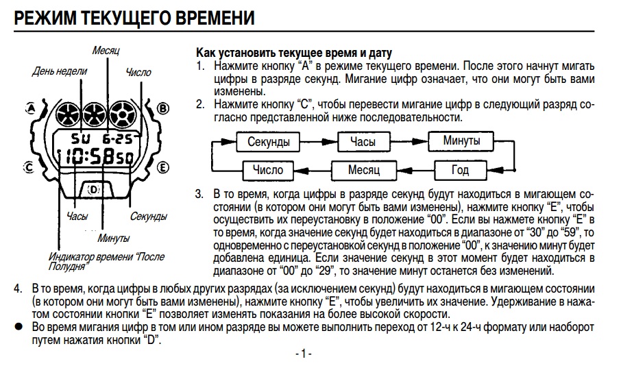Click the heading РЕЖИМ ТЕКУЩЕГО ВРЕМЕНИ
(134, 19)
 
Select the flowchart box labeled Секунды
(269, 143)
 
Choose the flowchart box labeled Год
(460, 170)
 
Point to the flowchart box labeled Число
(267, 170)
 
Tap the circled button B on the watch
(162, 108)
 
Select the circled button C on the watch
(28, 166)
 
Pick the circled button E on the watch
(163, 166)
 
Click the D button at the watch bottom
(93, 189)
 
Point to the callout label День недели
(60, 71)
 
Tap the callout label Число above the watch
(138, 72)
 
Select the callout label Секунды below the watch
(148, 217)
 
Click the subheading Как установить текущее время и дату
(294, 53)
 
